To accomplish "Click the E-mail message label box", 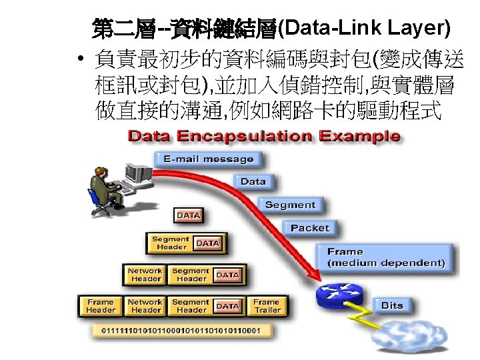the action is coord(208,159).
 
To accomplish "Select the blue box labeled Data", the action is coord(253,181).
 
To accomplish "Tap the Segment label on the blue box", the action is coord(290,205).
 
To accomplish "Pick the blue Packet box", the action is coord(310,228).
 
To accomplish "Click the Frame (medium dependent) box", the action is coord(385,257).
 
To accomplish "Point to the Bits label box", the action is coord(392,305).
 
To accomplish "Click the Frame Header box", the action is coord(101,306).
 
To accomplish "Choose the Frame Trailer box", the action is coord(266,306).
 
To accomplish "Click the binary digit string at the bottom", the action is coord(180,330).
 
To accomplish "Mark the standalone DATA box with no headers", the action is coord(188,215).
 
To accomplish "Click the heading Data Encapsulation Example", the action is coord(264,137).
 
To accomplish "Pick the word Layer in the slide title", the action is coord(416,28).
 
